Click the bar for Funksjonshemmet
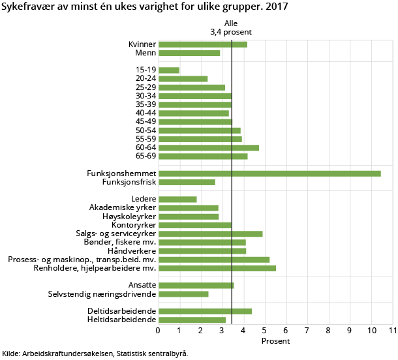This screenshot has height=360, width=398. pos(269,173)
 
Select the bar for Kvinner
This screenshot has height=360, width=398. pos(203,44)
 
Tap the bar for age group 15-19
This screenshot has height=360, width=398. pos(169,70)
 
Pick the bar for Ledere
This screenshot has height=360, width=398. pos(177,200)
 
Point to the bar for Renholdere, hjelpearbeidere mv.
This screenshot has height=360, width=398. pos(217,268)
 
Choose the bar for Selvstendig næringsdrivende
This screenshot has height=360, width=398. pos(183,294)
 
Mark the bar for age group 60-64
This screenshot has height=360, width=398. pos(209,147)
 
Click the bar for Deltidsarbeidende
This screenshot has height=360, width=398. pos(205,311)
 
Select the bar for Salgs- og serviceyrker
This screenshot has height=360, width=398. pos(211,233)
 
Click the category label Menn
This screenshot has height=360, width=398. pos(145,53)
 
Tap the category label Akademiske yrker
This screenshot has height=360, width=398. pos(123,208)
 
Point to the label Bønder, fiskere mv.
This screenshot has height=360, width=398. pos(121,243)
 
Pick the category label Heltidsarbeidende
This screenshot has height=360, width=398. pos(121,320)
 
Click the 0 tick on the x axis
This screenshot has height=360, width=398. pos(159,331)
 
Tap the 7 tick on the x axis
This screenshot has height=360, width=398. pos(307,331)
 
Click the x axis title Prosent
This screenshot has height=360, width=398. pos(275,341)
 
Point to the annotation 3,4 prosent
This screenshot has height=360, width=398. pos(231,31)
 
